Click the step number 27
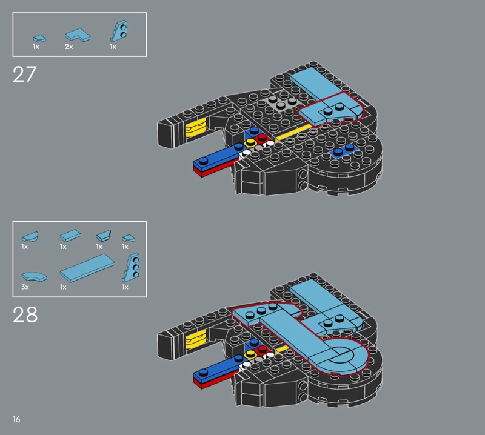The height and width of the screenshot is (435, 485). coord(24,74)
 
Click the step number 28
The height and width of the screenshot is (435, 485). coord(25,314)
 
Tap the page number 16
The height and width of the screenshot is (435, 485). coord(16,419)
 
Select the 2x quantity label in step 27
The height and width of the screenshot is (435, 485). coord(69,47)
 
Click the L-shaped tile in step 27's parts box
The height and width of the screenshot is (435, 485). coord(78,35)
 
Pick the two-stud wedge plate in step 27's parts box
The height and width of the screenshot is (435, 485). coord(119,32)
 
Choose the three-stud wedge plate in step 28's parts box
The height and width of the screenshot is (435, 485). coord(131,267)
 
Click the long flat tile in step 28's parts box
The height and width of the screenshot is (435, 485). coord(87,268)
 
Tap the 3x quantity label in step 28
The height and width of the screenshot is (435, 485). coord(25,287)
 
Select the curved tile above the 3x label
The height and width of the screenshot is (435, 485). coord(34,276)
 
